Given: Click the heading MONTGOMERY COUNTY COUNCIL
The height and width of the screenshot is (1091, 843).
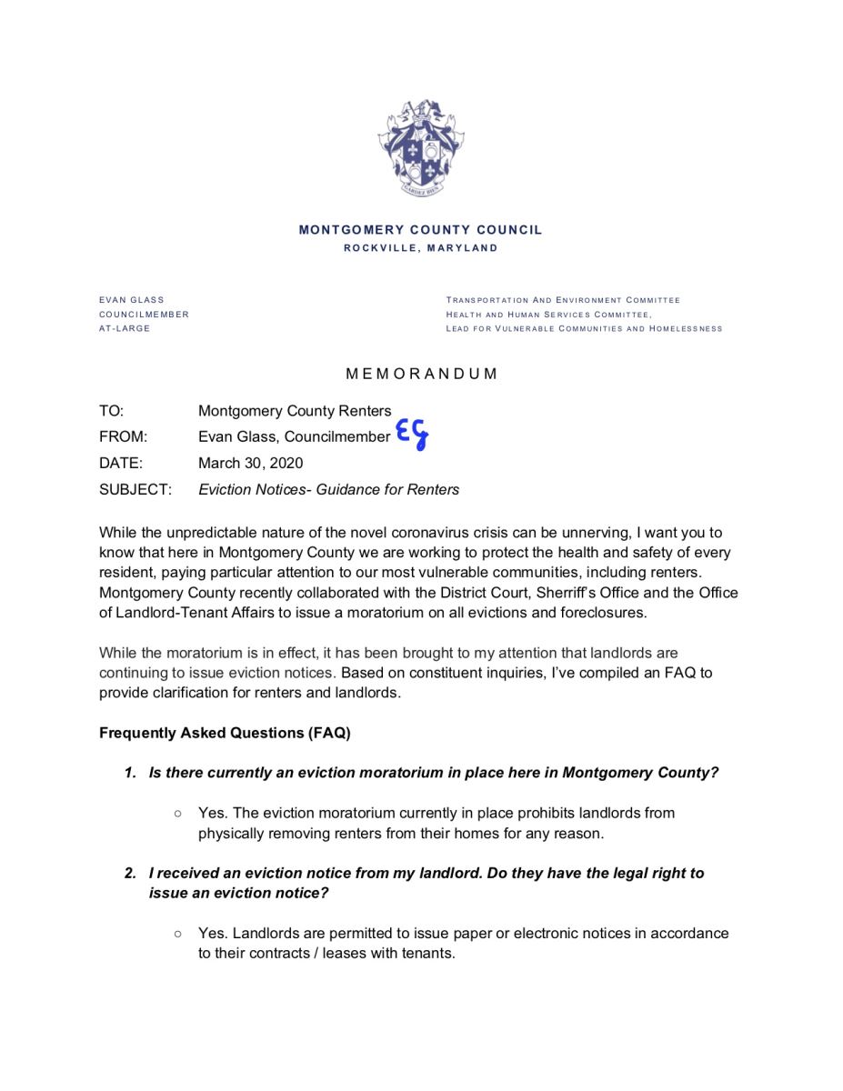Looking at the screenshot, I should point(420,230).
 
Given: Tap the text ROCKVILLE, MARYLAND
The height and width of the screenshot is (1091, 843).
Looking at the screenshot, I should point(420,248).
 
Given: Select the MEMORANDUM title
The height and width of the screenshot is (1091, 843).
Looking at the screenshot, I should point(421,374).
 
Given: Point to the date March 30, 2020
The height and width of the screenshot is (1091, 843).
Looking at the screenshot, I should point(250,463).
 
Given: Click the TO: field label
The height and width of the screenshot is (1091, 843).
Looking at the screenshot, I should point(111,411).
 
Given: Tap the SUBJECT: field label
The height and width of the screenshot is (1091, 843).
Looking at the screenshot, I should point(135,489).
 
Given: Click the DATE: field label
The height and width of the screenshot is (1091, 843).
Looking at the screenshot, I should point(120,463).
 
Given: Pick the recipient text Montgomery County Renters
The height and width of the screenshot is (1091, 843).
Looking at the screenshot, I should point(295,411).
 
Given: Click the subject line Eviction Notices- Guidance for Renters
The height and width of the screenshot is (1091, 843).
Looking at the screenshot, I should point(328,489).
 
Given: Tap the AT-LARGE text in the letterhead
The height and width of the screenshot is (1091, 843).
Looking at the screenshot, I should point(125,328).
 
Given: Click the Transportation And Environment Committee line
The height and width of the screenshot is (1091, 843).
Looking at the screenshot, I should point(562,300).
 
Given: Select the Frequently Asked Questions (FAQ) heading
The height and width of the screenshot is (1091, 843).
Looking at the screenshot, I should point(225,733).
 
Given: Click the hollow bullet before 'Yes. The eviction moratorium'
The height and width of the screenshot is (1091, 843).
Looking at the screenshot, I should point(178,813).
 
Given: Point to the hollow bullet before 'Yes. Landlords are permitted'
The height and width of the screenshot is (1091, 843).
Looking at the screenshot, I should point(178,933).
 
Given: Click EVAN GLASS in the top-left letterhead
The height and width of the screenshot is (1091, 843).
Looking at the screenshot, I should point(131,300).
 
